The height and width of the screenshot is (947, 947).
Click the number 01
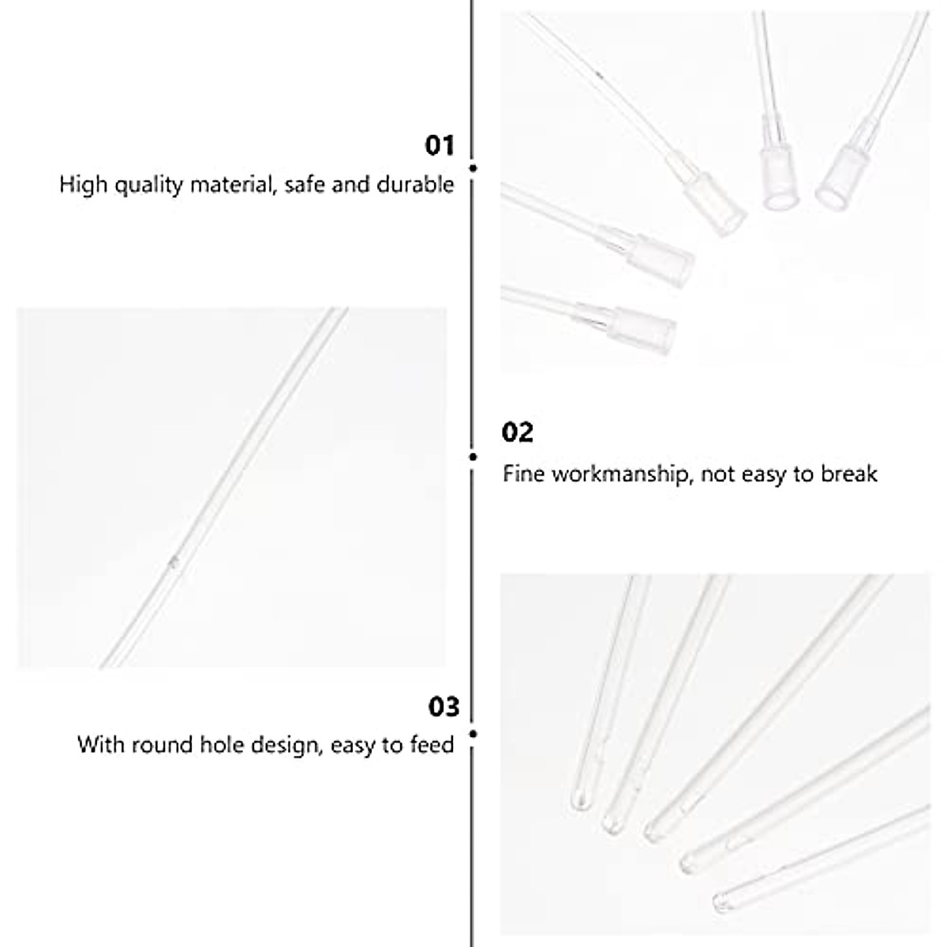[x=440, y=146]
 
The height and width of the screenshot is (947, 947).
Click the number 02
[x=518, y=432]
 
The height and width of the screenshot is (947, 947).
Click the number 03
[x=444, y=706]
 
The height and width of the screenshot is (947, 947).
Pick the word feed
[x=432, y=744]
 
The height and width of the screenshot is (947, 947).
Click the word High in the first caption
[x=83, y=185]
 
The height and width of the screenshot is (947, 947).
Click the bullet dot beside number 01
[x=473, y=168]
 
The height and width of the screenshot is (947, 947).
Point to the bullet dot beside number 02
[x=473, y=456]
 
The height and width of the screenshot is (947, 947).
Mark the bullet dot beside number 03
[x=473, y=734]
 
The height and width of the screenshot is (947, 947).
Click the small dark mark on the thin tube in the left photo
[x=174, y=560]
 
